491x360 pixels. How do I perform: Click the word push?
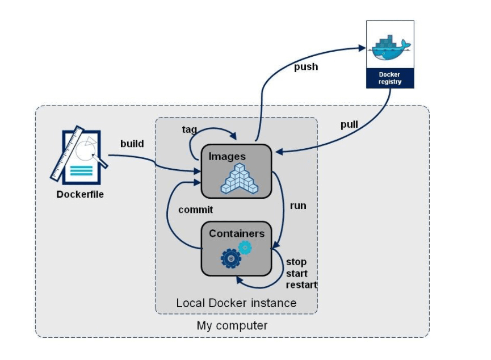305,67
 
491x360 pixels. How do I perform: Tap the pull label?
349,125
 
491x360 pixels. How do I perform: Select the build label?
132,144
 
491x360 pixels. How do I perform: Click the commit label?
196,210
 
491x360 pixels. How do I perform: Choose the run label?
298,206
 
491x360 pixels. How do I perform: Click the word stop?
296,262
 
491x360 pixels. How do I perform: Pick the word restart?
302,284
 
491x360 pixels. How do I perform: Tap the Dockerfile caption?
80,194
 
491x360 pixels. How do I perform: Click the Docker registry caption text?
390,78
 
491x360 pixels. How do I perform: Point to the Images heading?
227,156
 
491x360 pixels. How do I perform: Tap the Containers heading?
236,233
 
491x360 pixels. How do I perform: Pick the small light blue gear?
245,247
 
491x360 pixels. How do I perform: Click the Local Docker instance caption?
236,303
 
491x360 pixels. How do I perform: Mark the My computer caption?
232,325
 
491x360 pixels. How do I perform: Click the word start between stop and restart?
297,273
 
